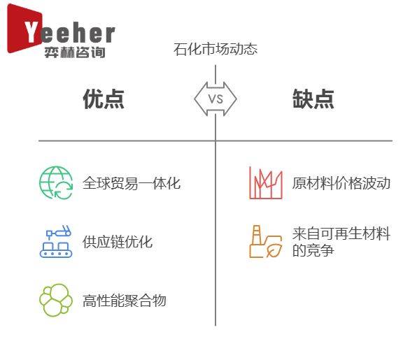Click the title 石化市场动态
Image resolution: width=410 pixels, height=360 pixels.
[x=215, y=49]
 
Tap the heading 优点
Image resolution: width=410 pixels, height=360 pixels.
[x=104, y=99]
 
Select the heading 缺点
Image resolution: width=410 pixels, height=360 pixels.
[x=313, y=99]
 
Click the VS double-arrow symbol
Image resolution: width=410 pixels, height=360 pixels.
[x=215, y=99]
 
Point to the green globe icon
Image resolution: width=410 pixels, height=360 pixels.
[x=56, y=183]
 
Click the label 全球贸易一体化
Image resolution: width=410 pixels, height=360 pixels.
[x=132, y=183]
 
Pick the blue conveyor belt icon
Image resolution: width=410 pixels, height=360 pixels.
[x=56, y=241]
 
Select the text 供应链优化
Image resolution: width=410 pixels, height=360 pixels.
[x=118, y=242]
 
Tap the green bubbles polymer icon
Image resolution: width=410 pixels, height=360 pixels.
[x=56, y=300]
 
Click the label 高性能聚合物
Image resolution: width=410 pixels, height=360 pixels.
[x=125, y=301]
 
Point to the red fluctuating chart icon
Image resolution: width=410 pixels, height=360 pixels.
[x=266, y=183]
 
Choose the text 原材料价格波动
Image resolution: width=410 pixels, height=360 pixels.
[x=341, y=183]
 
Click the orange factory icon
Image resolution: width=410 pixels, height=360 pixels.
[x=266, y=241]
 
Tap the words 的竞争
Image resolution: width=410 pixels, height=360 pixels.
[x=313, y=250]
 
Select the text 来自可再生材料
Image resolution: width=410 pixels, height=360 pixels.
[x=341, y=233]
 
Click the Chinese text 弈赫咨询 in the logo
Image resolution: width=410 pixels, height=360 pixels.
[x=75, y=52]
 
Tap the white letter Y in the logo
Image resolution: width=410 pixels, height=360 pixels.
[x=32, y=31]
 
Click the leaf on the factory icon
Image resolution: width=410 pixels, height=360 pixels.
[x=274, y=250]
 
